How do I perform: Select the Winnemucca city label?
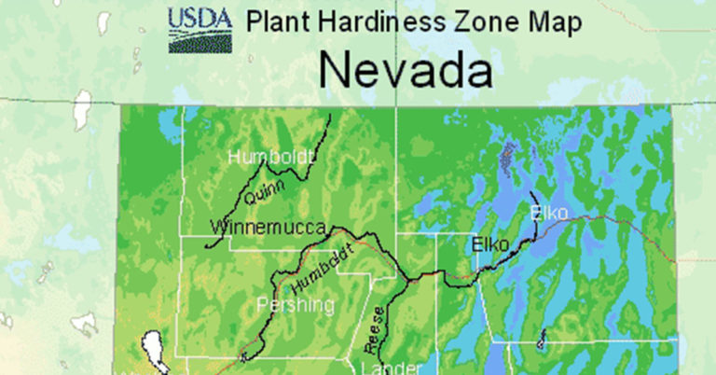tap(268, 227)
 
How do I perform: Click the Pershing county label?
tap(295, 304)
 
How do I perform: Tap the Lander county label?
tap(385, 367)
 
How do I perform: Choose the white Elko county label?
tap(549, 214)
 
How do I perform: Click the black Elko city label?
tap(490, 244)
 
